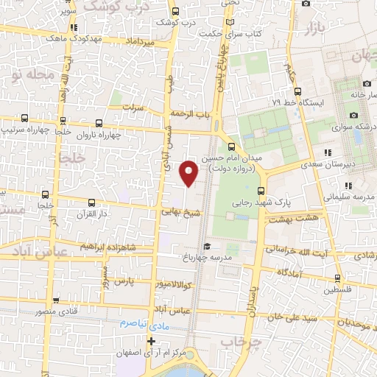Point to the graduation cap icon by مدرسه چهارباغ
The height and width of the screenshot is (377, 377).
click(208, 246)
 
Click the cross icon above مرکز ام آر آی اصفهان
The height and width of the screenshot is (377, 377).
click(152, 341)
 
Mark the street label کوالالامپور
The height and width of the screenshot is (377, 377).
click(171, 283)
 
